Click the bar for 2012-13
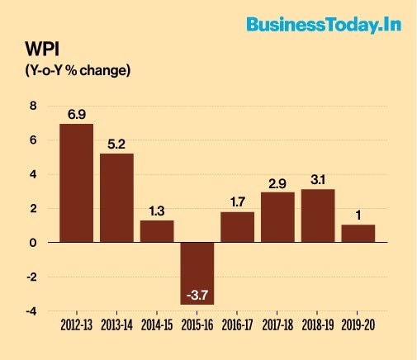(x=76, y=182)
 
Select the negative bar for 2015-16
(x=197, y=272)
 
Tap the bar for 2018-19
(x=318, y=216)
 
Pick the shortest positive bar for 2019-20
(x=358, y=233)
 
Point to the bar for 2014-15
(x=157, y=230)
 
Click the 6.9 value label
(x=77, y=114)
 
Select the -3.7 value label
(x=197, y=295)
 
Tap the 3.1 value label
(x=318, y=179)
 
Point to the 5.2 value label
(x=116, y=143)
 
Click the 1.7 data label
(x=237, y=202)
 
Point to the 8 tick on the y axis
(x=33, y=106)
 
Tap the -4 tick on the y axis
(x=31, y=311)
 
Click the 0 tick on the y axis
(x=33, y=243)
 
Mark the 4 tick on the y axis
(x=33, y=174)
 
